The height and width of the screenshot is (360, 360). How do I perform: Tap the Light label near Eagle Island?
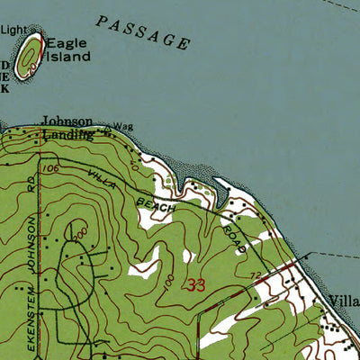13,29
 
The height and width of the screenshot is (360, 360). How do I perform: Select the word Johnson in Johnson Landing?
67,121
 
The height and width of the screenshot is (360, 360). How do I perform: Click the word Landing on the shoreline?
68,133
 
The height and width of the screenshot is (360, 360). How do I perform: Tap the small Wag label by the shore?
123,127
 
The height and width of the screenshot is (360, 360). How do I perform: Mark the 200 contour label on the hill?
83,233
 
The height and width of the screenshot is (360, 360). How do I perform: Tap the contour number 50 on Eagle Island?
33,65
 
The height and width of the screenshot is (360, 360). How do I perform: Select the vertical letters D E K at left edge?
4,76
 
